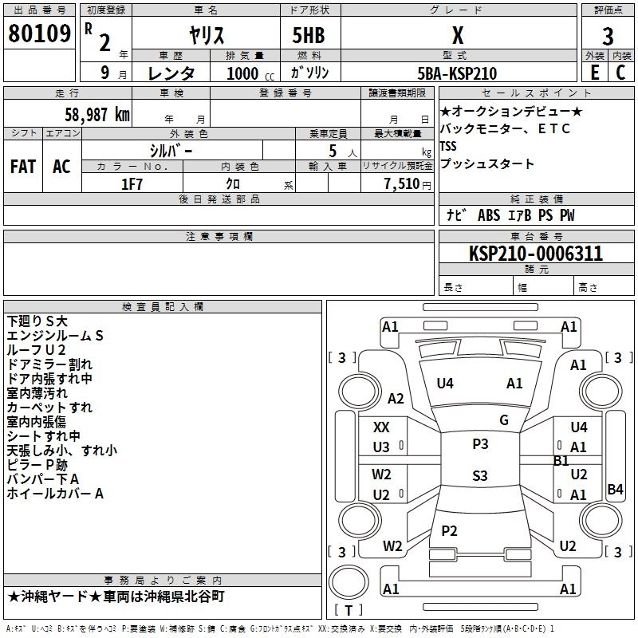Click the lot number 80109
click(x=39, y=34)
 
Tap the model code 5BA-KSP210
click(x=458, y=73)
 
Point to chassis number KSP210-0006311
click(x=536, y=254)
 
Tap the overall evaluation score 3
click(x=608, y=36)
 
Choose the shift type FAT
click(x=22, y=167)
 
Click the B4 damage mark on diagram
click(x=615, y=490)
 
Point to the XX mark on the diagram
click(x=382, y=427)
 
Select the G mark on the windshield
click(x=503, y=420)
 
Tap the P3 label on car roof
click(x=480, y=444)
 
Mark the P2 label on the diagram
click(x=449, y=531)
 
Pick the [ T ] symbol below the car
click(x=349, y=610)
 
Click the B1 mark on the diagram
click(x=561, y=461)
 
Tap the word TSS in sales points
click(x=448, y=147)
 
